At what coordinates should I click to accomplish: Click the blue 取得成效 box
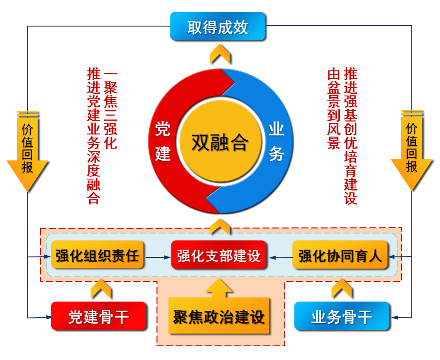point(218,27)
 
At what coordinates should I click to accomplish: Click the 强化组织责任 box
point(97,255)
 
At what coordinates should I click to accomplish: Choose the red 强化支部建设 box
point(219,255)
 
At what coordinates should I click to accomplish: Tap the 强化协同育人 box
point(340,255)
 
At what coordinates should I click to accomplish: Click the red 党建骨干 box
point(99,316)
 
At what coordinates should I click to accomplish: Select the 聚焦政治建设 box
point(219,316)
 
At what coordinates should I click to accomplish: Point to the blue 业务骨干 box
point(341,316)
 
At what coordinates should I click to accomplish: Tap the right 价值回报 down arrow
point(412,151)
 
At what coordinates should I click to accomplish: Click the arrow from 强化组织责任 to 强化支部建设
point(158,257)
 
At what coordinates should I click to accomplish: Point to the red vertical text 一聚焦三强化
point(110,111)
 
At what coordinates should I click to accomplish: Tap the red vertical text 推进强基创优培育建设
point(350,136)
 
